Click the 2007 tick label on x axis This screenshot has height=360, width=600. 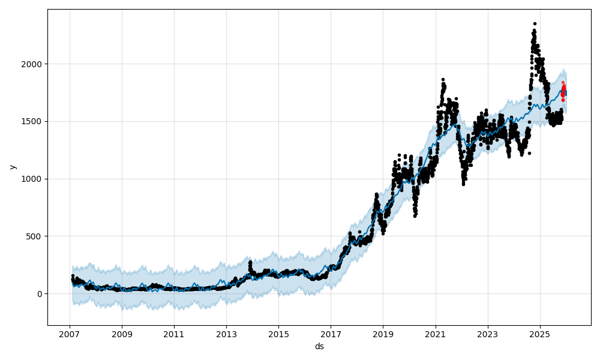coord(70,334)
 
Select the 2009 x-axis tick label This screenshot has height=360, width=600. coord(122,334)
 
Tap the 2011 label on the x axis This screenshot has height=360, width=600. coord(174,334)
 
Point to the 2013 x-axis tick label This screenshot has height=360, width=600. coord(226,334)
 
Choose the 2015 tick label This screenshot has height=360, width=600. coord(278,334)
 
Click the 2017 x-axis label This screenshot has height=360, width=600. coord(331,334)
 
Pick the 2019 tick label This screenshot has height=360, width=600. coord(383,334)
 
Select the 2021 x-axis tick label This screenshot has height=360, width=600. coord(435,334)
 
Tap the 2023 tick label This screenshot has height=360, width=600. coord(487,334)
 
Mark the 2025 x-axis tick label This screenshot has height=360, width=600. coord(539,334)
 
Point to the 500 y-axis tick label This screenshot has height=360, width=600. coord(37,236)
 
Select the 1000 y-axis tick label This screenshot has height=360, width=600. coord(34,179)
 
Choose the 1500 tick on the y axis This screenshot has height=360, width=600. coord(34,121)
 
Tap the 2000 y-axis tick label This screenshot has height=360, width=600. coord(34,64)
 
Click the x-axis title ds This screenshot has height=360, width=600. coord(319,346)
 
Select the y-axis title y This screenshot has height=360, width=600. coord(13,167)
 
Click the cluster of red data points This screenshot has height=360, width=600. coord(563,91)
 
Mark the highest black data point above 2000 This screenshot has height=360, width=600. coord(535,24)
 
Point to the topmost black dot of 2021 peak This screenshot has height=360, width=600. coord(443,79)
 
